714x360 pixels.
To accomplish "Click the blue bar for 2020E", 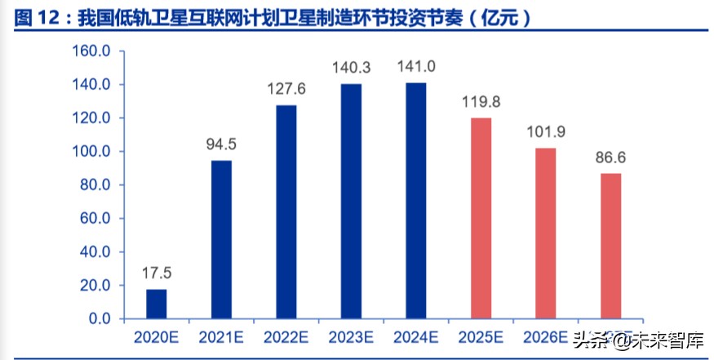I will [x=157, y=304].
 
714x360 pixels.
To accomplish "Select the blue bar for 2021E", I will [x=221, y=239].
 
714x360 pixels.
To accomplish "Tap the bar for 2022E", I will [x=286, y=211].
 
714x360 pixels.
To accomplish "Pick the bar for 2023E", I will [x=351, y=201].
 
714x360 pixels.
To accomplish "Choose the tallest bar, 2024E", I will [x=416, y=200].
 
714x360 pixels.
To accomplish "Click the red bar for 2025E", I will [x=481, y=218].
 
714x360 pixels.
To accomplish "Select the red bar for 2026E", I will [x=546, y=233].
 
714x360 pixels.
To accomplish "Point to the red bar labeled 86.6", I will [x=610, y=246].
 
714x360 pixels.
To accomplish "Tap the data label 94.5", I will [x=221, y=145].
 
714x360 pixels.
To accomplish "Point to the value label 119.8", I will [x=481, y=103].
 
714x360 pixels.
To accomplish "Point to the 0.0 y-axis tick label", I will [x=99, y=318].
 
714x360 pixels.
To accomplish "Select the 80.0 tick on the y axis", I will [x=95, y=184].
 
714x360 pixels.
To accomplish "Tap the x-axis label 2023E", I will [x=351, y=336].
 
